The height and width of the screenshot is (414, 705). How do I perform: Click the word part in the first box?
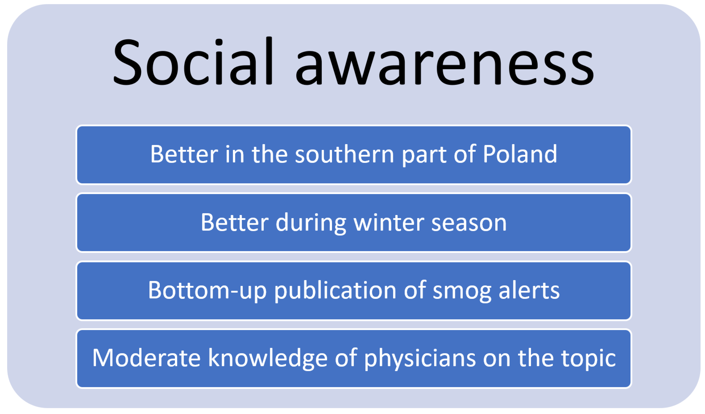tap(424, 156)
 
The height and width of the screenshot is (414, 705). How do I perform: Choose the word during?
tap(311, 224)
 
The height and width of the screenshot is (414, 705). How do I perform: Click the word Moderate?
tap(146, 358)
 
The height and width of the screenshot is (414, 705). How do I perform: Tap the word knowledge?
tap(268, 359)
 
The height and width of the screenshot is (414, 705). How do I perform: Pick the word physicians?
tap(420, 359)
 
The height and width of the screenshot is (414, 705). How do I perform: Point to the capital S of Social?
tap(127, 62)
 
